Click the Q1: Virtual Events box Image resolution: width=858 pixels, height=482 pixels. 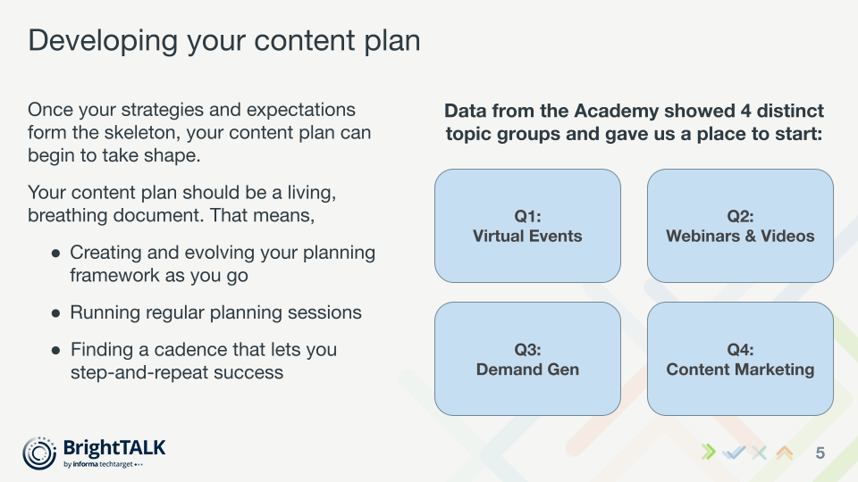(527, 226)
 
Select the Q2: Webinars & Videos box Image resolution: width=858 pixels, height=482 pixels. (740, 226)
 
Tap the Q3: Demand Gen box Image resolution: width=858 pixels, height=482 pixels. (527, 359)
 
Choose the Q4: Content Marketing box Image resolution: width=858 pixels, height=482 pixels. (740, 359)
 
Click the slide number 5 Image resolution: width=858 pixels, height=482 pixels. (820, 453)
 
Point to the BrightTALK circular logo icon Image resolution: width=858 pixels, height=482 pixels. (39, 453)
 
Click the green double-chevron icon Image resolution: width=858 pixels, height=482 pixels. (709, 452)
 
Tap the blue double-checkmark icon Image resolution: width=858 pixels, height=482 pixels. (734, 453)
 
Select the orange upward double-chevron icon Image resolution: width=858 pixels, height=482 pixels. (785, 453)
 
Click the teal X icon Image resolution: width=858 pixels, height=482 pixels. (759, 453)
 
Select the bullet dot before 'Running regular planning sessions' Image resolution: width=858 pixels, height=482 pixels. (55, 313)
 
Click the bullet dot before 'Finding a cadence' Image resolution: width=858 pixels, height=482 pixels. (55, 351)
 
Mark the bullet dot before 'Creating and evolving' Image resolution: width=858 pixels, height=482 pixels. (55, 253)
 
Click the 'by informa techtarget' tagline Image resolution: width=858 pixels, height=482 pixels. (103, 464)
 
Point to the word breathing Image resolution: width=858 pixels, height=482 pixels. (68, 216)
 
